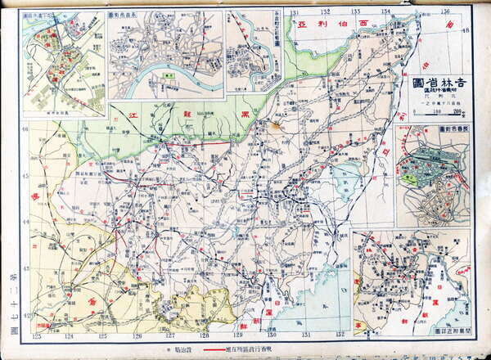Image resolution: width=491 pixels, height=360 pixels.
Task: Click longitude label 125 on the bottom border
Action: (102, 336)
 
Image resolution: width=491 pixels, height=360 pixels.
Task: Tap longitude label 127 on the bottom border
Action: (170, 336)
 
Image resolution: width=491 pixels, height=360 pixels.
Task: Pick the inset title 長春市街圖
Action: (454, 129)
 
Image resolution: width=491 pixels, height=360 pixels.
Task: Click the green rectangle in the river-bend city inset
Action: (169, 74)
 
